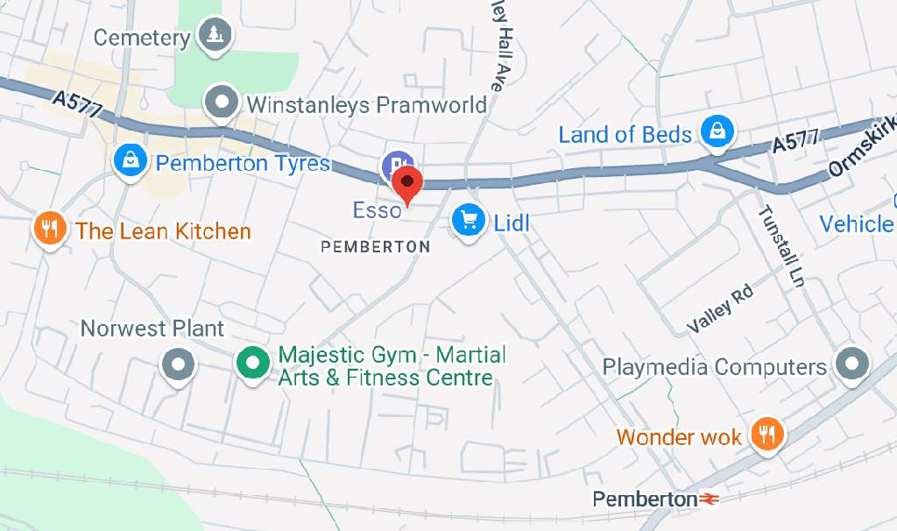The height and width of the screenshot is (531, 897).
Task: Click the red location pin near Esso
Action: point(406,183)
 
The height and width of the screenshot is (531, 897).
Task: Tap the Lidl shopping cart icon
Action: point(470,219)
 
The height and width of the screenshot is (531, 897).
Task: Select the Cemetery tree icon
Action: point(215,36)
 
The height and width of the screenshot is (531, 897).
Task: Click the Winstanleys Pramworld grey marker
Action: point(222,103)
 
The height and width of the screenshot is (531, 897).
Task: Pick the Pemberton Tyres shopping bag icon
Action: point(131,160)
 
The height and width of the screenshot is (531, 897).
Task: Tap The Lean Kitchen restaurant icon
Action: point(50,230)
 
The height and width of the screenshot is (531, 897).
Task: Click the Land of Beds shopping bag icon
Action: point(717,132)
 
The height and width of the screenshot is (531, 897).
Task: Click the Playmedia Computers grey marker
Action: point(851,364)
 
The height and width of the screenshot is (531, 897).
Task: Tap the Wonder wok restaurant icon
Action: point(768,433)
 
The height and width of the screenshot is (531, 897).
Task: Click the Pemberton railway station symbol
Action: point(710,499)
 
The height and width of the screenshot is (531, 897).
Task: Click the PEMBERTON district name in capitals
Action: point(376,247)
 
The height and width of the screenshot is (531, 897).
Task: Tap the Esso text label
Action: point(377,210)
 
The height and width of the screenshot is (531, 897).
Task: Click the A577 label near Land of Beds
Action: point(795,143)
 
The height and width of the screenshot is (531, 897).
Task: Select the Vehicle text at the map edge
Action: point(857,224)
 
